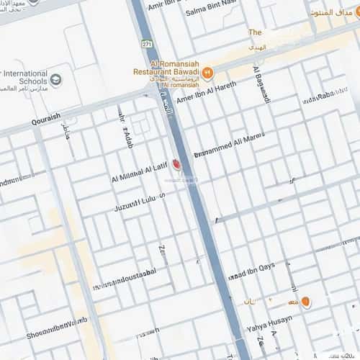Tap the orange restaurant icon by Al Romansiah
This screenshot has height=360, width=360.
tap(207, 72)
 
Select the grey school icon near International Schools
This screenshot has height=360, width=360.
tap(57, 78)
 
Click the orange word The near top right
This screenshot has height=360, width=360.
tap(255, 32)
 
